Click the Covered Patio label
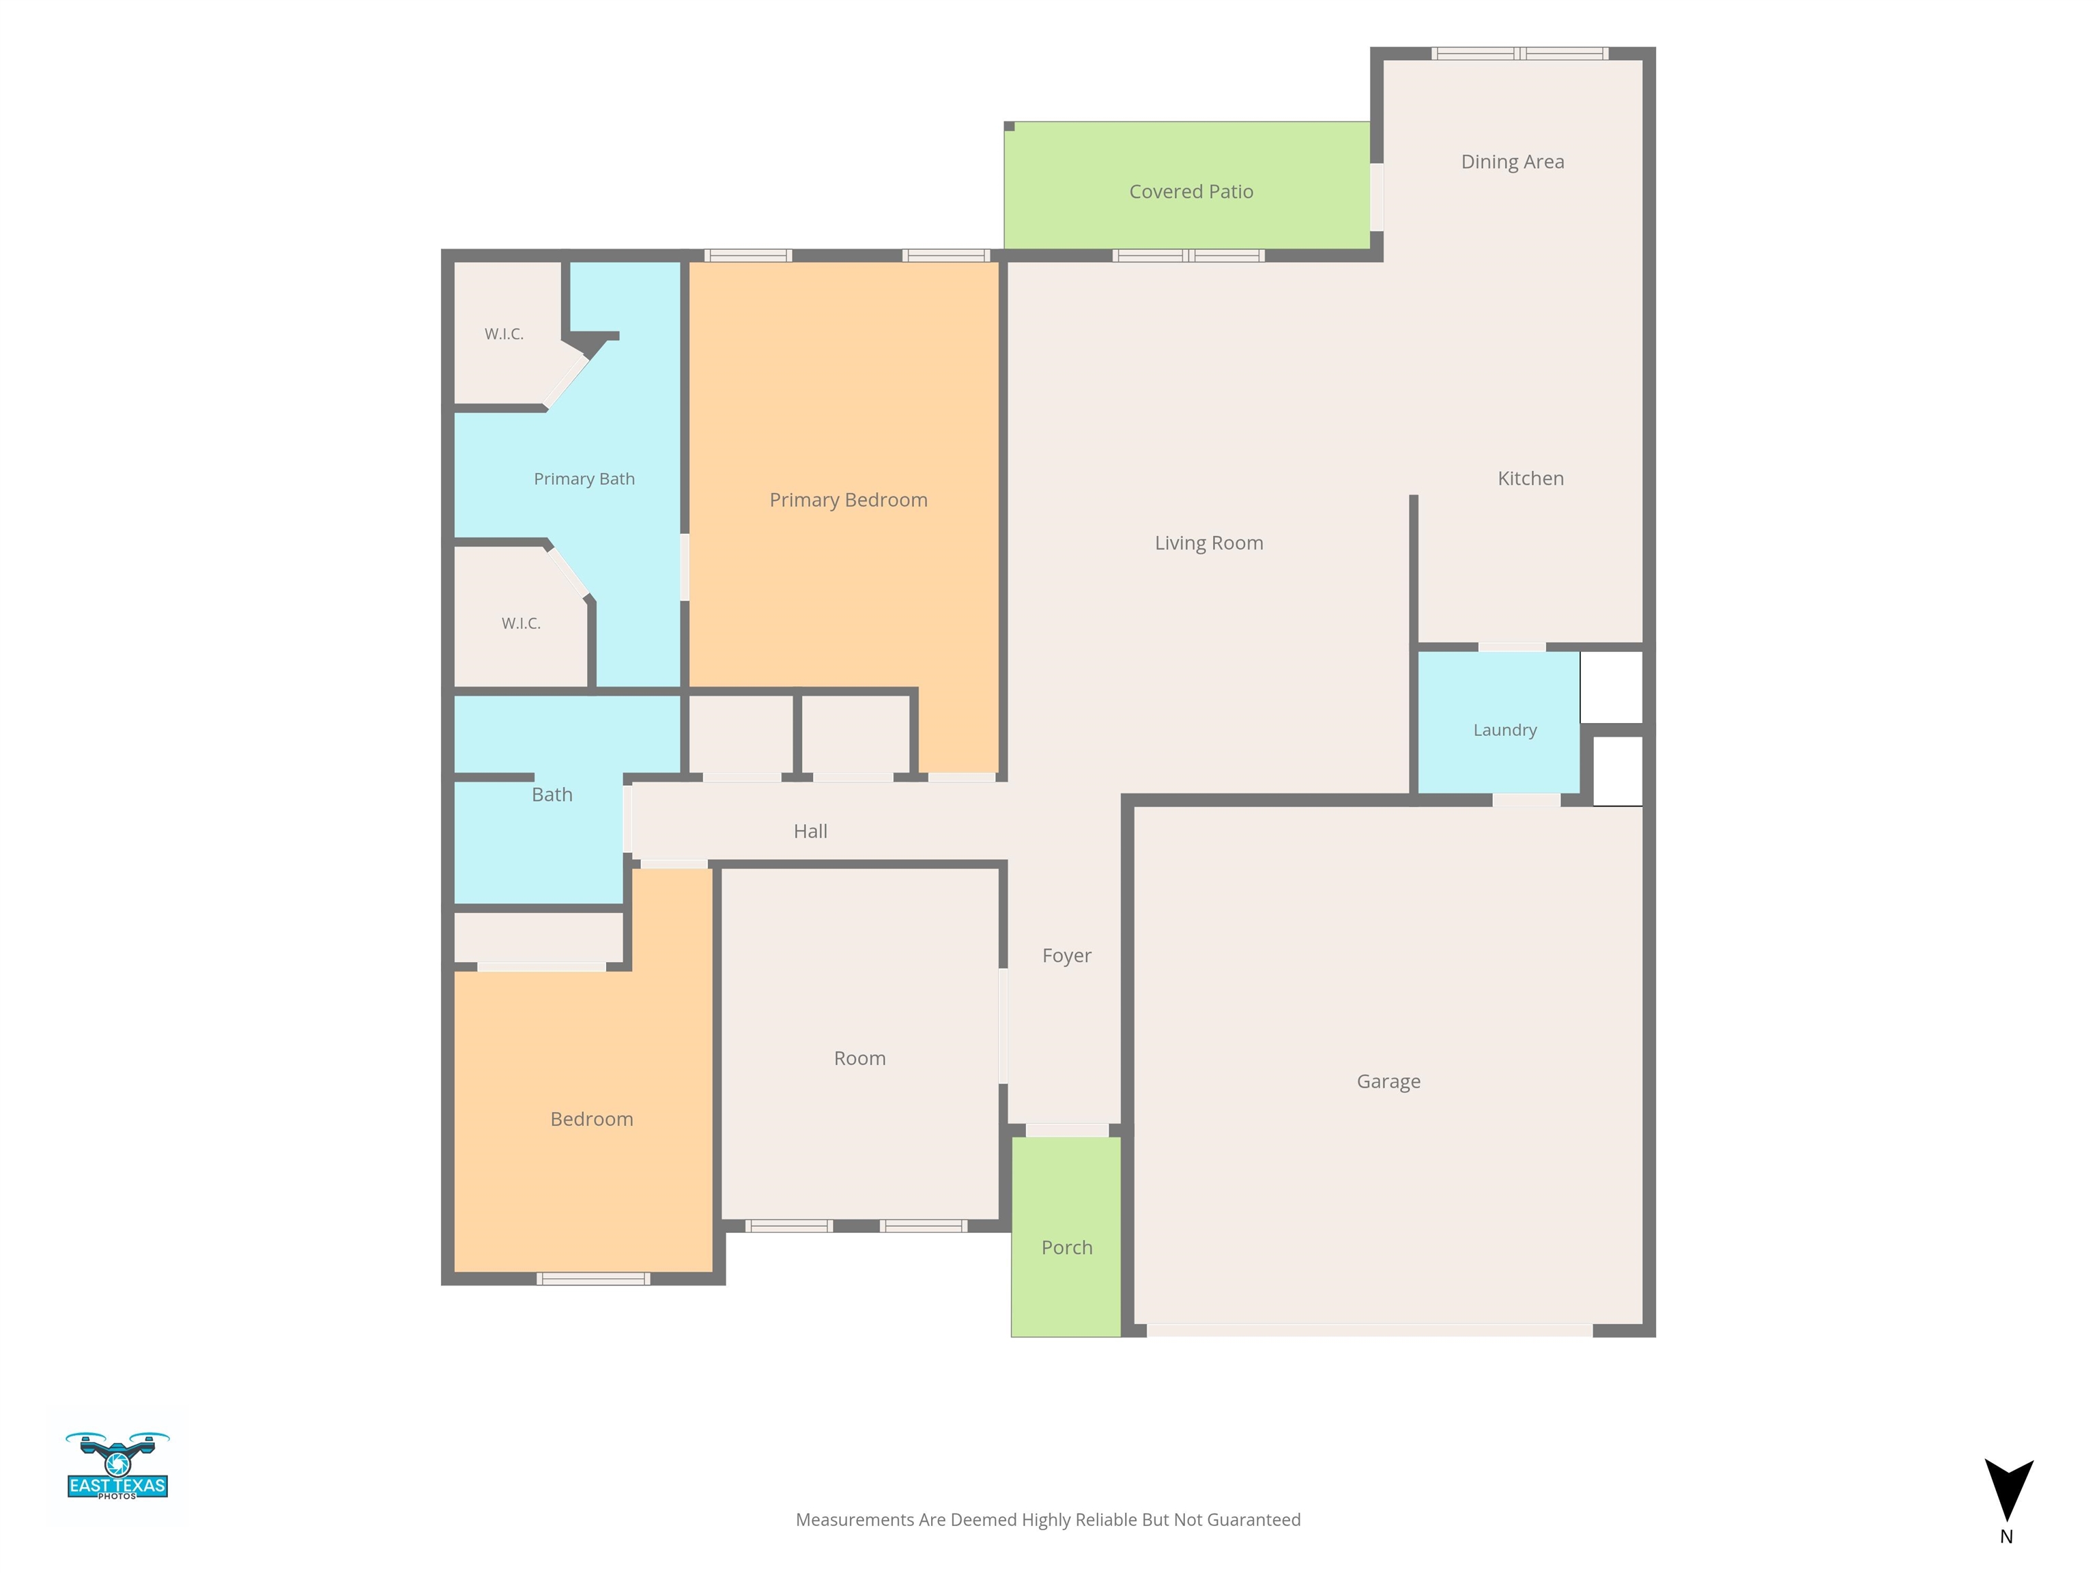[x=1190, y=192]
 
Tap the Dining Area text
[x=1512, y=162]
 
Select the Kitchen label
[x=1530, y=479]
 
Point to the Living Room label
[x=1209, y=543]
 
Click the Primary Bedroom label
[x=848, y=500]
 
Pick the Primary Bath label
[x=584, y=479]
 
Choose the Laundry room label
[x=1504, y=730]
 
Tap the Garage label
[x=1388, y=1082]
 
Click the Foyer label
[x=1066, y=956]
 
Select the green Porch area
[x=1066, y=1236]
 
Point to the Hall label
[x=810, y=832]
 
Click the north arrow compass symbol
[x=2008, y=1490]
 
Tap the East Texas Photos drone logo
[x=117, y=1465]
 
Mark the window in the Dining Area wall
[x=1520, y=54]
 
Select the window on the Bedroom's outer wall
[x=593, y=1279]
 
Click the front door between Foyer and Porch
[x=1066, y=1130]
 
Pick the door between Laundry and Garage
[x=1526, y=800]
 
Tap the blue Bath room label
[x=552, y=795]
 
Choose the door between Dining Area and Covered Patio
[x=1377, y=197]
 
